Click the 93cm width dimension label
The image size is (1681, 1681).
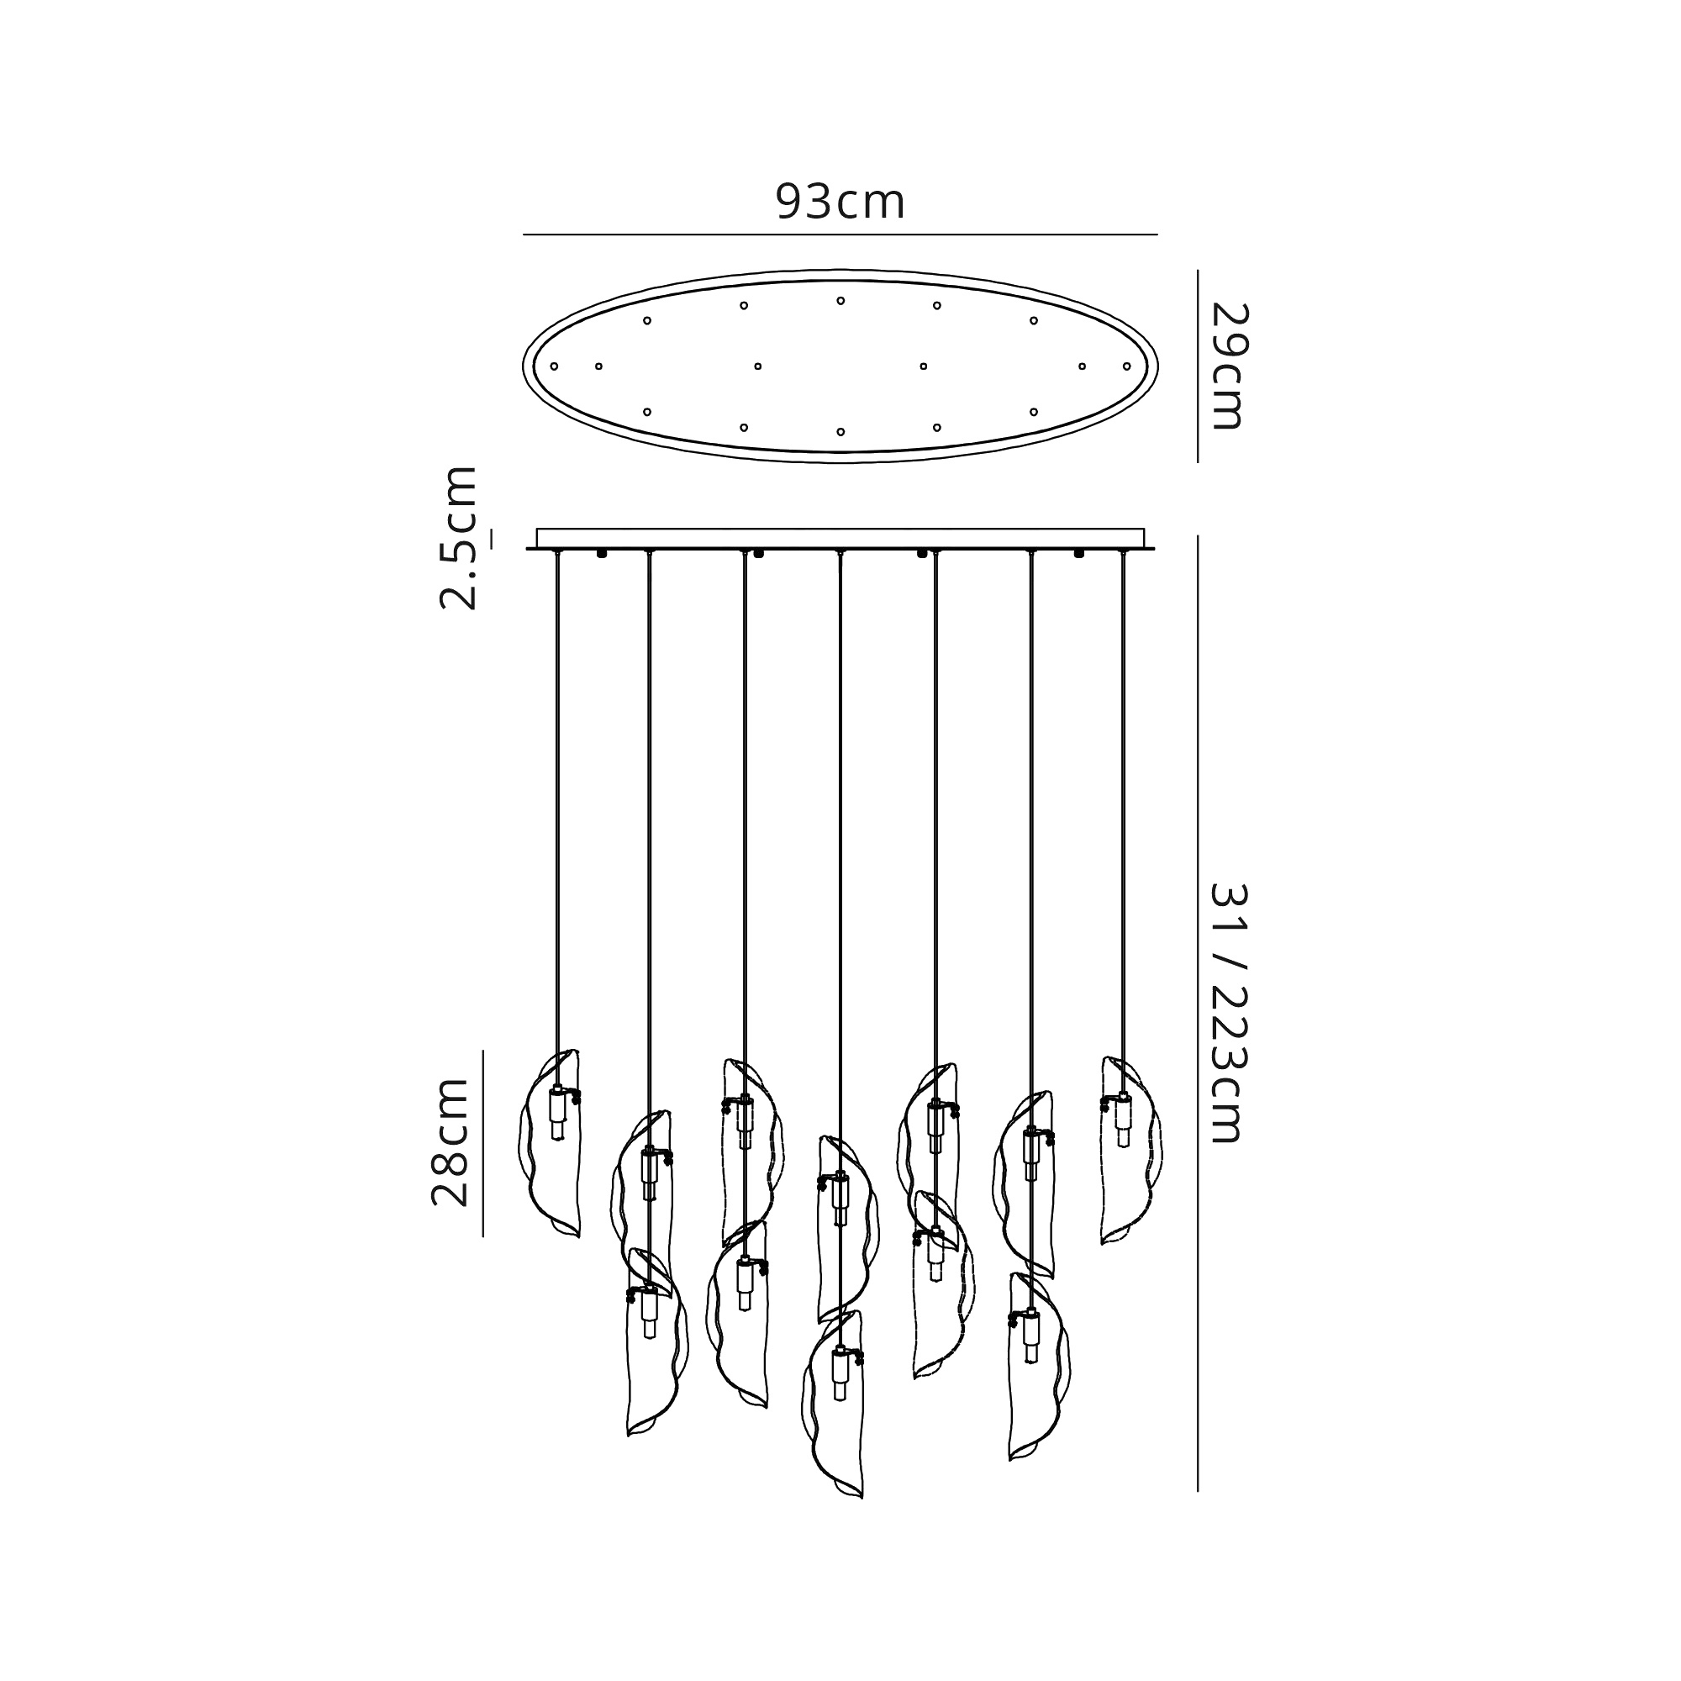840,202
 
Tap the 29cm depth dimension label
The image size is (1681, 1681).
1229,366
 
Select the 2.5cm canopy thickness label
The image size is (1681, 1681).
459,538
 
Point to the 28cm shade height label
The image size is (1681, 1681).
451,1141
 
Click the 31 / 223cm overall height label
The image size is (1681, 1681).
1229,1013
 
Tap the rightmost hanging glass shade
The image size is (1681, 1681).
1131,1151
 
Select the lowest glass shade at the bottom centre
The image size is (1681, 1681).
834,1416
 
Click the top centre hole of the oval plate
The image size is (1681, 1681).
840,301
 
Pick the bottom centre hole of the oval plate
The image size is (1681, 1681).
840,431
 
